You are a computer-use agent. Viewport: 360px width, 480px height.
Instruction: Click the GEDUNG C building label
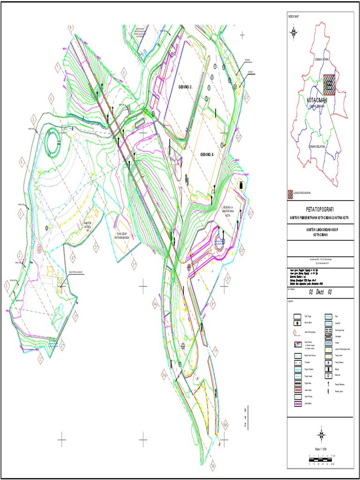pyautogui.click(x=185, y=87)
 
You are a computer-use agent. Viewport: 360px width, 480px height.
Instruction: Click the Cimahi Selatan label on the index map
pyautogui.click(x=316, y=147)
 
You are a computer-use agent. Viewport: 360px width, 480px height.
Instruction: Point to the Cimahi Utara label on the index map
pyautogui.click(x=322, y=60)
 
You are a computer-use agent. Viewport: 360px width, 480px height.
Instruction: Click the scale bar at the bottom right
pyautogui.click(x=321, y=460)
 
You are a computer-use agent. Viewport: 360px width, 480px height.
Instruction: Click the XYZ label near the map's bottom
pyautogui.click(x=245, y=417)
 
